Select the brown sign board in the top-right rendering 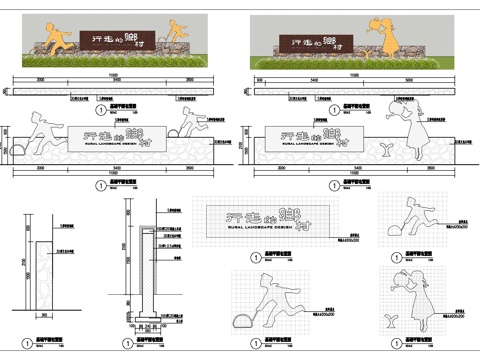(329, 42)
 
